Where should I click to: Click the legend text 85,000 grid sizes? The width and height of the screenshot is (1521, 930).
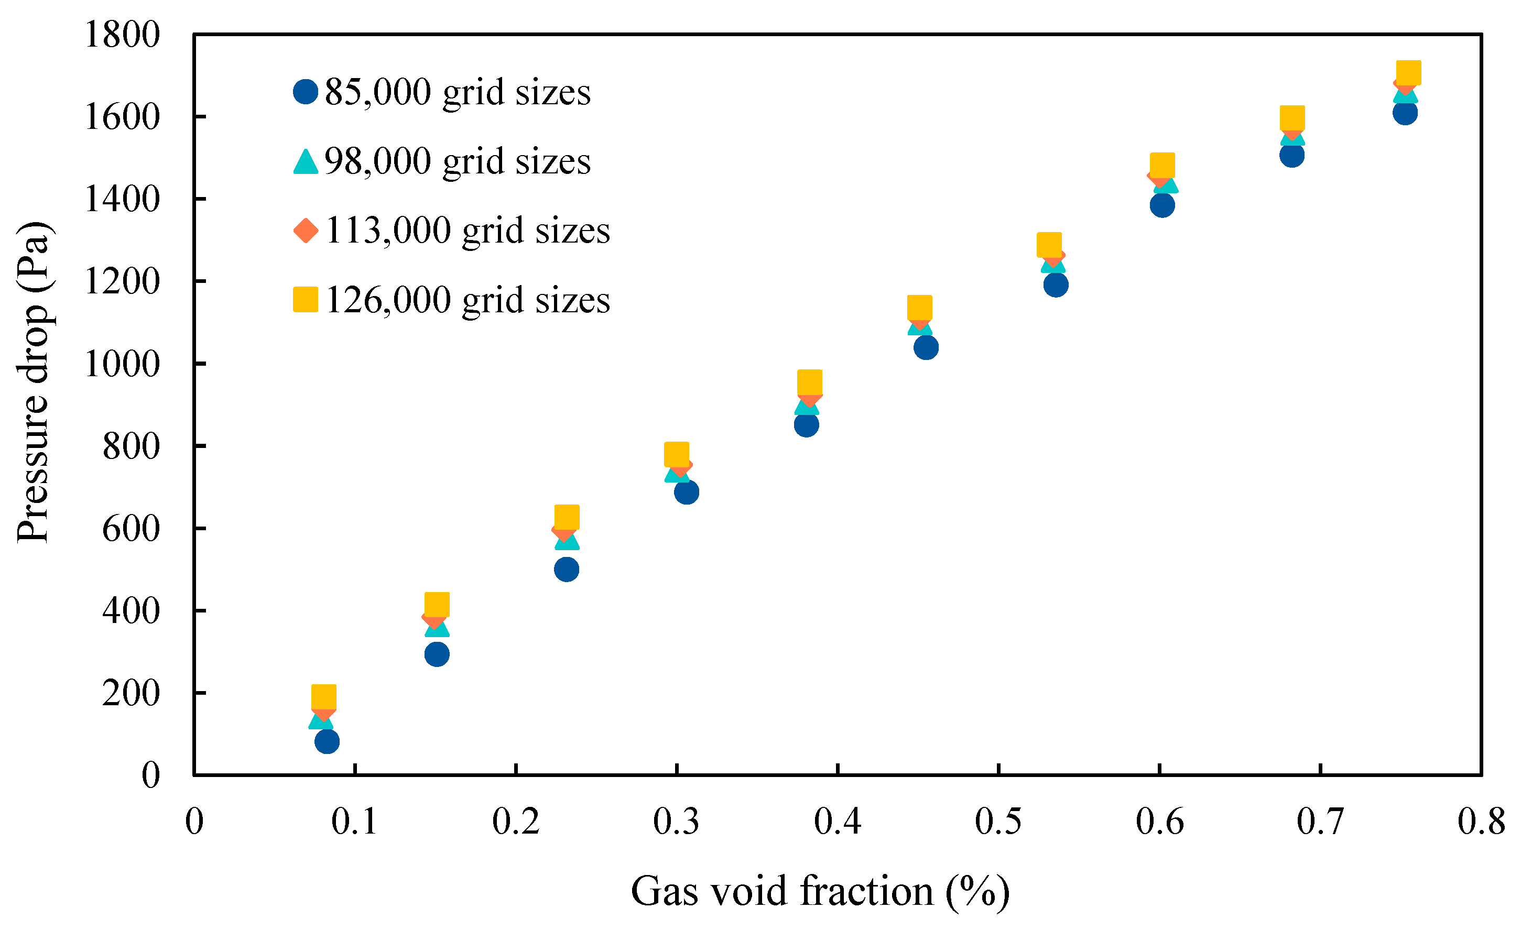click(458, 93)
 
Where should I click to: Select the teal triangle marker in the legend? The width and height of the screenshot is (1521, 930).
click(306, 162)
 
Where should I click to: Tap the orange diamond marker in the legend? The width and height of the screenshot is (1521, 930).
click(306, 231)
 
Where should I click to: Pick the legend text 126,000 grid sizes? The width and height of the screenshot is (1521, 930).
click(468, 301)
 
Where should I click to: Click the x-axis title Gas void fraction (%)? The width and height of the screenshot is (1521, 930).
click(820, 891)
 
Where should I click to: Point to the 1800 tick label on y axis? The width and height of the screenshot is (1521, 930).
click(122, 35)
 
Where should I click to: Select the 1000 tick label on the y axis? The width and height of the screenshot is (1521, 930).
click(122, 364)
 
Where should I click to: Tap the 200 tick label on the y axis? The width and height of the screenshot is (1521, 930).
click(131, 693)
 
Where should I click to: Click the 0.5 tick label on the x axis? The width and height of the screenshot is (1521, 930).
click(998, 822)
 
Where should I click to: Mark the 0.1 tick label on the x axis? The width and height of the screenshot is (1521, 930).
click(354, 822)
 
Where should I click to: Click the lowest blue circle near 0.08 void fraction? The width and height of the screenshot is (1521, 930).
click(327, 741)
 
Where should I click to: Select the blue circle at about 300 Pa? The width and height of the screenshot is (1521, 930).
click(437, 654)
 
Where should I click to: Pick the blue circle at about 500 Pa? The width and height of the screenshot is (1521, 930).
click(567, 569)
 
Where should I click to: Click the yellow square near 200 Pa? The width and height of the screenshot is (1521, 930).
click(324, 697)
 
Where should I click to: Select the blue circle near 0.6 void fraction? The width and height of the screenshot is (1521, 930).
click(1163, 205)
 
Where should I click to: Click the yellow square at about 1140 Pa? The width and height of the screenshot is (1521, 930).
click(920, 308)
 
